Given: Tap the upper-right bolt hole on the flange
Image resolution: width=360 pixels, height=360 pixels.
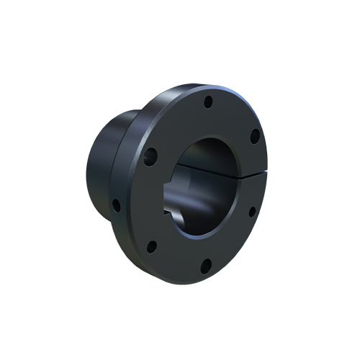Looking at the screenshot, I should tap(254, 135).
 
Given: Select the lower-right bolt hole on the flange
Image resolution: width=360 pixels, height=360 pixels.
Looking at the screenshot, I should tap(251, 211).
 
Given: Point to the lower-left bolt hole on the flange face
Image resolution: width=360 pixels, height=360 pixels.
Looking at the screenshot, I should tap(151, 248).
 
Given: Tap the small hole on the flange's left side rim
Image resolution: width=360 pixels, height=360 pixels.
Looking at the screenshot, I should tap(116, 205).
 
